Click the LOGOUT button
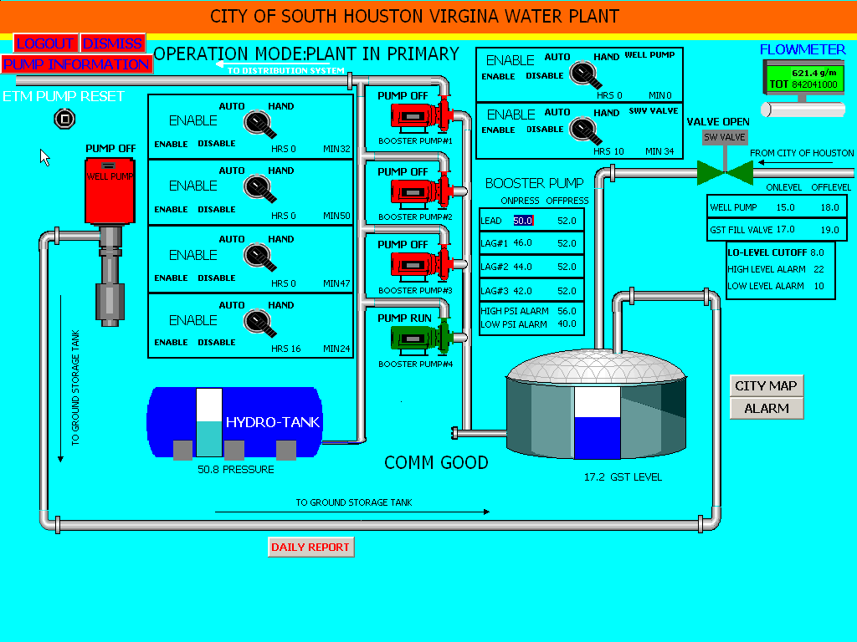click(x=46, y=43)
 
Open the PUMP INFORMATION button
click(x=76, y=64)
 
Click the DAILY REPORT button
click(x=310, y=548)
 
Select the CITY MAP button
click(x=766, y=386)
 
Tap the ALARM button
click(x=766, y=409)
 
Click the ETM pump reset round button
click(x=64, y=119)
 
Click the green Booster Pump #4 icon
click(x=416, y=339)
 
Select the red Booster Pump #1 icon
click(x=416, y=116)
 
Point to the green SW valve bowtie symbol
click(x=724, y=172)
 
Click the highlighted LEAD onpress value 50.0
click(x=523, y=221)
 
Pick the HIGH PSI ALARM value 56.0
click(x=567, y=311)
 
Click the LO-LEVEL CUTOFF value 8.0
click(x=817, y=252)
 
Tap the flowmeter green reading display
click(x=803, y=79)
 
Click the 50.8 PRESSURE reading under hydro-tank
click(x=235, y=470)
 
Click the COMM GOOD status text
click(x=436, y=463)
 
